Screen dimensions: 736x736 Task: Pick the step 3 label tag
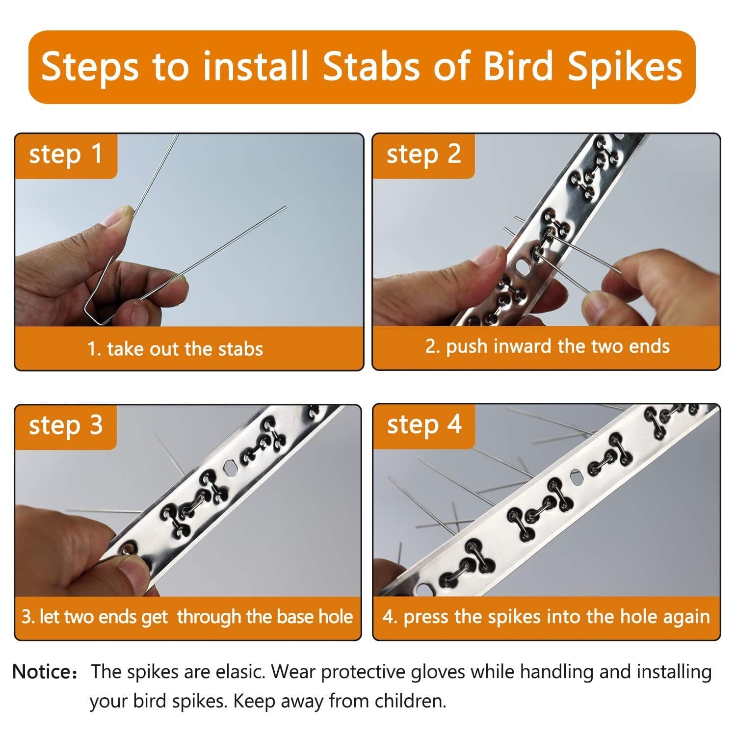pos(66,425)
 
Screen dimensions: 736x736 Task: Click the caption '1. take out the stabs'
pos(175,349)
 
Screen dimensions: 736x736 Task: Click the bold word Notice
pos(42,671)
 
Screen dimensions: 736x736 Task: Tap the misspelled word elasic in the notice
pos(241,671)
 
